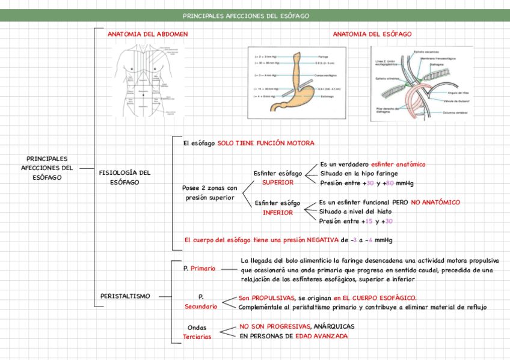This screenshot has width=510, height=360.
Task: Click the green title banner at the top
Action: click(254, 16)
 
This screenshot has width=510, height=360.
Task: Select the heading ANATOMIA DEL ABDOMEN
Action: click(147, 34)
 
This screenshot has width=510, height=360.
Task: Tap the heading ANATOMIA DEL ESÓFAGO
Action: click(372, 34)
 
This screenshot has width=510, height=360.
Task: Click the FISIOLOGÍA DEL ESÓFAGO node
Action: click(124, 177)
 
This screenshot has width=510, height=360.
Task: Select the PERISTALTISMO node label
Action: click(125, 296)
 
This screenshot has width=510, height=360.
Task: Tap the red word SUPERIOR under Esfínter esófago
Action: click(278, 182)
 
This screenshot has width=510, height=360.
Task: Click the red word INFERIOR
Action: click(278, 212)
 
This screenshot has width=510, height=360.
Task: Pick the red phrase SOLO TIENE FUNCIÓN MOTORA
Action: click(266, 143)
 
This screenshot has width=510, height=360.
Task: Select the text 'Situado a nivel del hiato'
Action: click(355, 212)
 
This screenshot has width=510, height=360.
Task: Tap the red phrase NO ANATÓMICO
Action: click(435, 203)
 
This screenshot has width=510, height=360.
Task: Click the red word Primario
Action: click(203, 269)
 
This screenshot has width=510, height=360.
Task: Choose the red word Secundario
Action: click(201, 307)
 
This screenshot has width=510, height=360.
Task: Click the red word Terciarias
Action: click(197, 337)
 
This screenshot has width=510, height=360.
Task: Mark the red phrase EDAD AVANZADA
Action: click(321, 336)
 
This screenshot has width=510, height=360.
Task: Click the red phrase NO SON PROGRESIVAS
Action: click(275, 326)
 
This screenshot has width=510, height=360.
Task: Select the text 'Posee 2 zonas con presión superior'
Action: click(210, 193)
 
